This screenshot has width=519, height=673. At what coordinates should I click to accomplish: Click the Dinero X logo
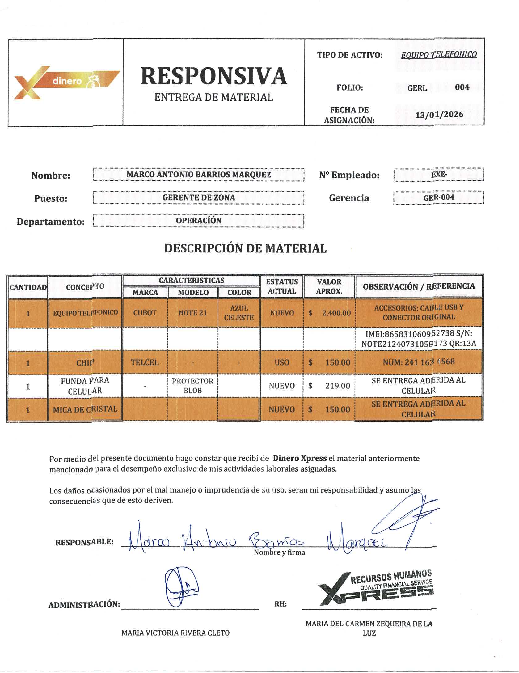point(65,82)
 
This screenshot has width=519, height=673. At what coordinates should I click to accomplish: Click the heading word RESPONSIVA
point(214,76)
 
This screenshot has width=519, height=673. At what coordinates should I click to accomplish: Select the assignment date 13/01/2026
point(439,115)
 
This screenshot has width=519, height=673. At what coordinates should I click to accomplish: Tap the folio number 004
point(462,87)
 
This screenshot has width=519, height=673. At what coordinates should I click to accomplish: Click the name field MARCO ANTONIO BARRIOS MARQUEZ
point(199,175)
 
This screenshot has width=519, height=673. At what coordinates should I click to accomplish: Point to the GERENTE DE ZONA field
point(199,198)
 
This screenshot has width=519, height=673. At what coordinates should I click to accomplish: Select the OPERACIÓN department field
point(199,221)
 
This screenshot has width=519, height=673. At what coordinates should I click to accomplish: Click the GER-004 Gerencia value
point(439,197)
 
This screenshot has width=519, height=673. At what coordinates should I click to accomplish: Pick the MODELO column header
point(193,292)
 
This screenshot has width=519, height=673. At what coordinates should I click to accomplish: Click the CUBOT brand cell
point(145,313)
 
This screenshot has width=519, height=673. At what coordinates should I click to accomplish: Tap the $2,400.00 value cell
point(329,313)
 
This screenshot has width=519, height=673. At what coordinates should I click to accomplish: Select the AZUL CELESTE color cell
point(239,313)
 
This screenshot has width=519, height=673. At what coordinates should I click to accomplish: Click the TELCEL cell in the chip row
point(145,362)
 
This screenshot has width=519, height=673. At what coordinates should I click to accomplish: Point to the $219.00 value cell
point(329,386)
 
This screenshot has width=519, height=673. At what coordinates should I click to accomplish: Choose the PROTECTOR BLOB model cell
point(192,386)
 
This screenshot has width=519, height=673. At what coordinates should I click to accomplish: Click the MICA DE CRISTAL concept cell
point(85,409)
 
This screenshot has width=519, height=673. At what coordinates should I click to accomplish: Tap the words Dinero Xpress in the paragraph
point(300,458)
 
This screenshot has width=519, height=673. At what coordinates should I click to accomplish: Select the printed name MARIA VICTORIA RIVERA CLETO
point(175,633)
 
